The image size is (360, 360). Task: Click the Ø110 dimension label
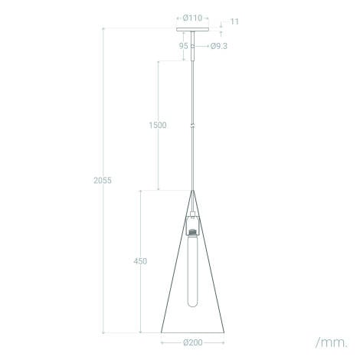pos(192,18)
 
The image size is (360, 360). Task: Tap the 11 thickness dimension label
pos(234,21)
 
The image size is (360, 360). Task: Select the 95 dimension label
pos(183,46)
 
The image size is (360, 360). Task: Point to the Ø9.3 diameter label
pos(219,46)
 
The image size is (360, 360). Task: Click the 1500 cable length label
pos(158,125)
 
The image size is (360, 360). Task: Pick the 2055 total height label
pos(103,180)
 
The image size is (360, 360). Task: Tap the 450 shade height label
pos(140,261)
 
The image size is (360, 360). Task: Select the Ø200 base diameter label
pos(193,342)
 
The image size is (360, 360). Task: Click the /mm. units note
pos(332,342)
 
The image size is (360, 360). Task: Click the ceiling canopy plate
pos(192,29)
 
